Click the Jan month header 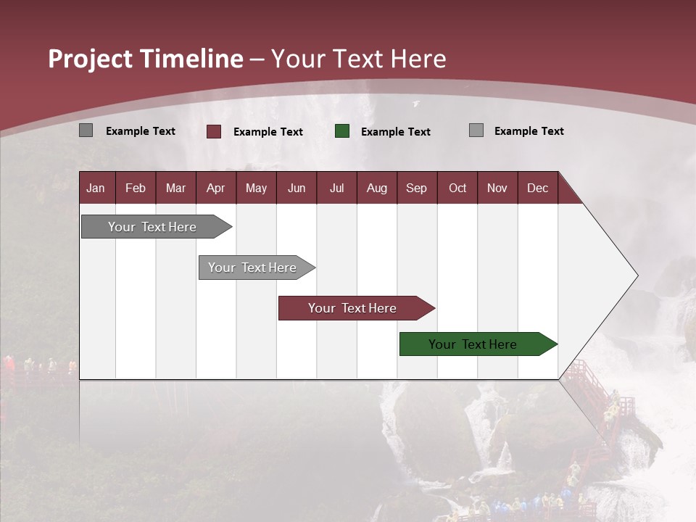[x=96, y=188]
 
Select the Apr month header [x=215, y=188]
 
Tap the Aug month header [x=376, y=188]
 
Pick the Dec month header [x=537, y=188]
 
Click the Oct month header [x=457, y=188]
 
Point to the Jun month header [x=296, y=188]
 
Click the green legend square [x=342, y=130]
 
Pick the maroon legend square [x=214, y=131]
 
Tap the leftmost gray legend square [x=86, y=130]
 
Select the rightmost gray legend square [x=476, y=130]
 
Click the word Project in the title [x=91, y=58]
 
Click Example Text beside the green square [x=395, y=131]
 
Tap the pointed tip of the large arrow [x=635, y=275]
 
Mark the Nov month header [x=497, y=188]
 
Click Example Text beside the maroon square [x=268, y=131]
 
